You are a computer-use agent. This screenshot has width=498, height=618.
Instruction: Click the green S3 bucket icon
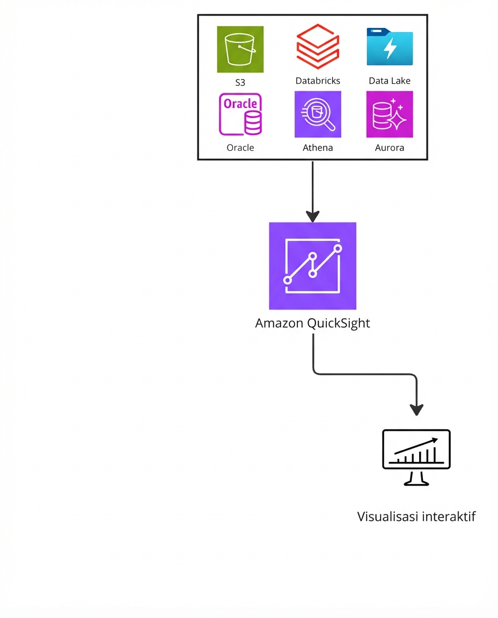point(240,49)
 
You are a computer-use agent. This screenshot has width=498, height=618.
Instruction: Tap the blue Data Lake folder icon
point(390,47)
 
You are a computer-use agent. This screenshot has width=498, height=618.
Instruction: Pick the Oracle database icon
point(240,114)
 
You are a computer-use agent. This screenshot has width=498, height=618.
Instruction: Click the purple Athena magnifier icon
point(318,114)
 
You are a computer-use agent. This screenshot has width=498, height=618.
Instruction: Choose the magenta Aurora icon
point(390,114)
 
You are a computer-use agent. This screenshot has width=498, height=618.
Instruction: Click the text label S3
point(240,83)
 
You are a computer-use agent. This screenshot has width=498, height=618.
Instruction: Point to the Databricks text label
point(318,81)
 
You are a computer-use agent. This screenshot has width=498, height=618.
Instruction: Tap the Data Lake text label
point(390,81)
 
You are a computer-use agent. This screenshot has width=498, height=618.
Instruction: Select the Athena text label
point(318,148)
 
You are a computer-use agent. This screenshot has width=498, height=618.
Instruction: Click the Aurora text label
point(390,148)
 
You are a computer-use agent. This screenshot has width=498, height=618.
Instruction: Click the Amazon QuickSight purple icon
point(312,266)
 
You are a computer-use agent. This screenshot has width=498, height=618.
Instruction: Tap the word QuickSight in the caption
point(339,324)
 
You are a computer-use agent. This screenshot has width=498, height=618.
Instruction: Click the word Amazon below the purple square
point(279,323)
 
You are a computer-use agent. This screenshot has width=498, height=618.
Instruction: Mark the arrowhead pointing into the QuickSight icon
point(312,217)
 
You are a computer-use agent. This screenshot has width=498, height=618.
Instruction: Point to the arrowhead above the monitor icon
point(416,409)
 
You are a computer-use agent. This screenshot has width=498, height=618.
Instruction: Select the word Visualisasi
point(388,517)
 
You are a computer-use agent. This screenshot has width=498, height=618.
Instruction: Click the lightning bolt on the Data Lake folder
point(390,49)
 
